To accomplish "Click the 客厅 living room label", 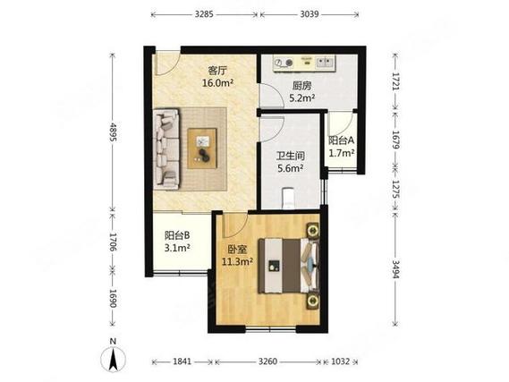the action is pos(217,71).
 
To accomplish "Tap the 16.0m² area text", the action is pos(217,83).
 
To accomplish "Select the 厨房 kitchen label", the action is pos(301,86).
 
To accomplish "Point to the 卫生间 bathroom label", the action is pos(291,157).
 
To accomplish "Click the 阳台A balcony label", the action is pos(341,140).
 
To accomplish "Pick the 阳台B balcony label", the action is pos(177,235).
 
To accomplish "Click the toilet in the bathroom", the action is pos(288,198).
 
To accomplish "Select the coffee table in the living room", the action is pos(202,149).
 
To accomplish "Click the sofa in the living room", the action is pos(166,149).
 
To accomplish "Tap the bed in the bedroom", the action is pos(289,266).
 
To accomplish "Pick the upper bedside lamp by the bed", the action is pos(313,231).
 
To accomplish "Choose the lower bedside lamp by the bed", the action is pos(313,301).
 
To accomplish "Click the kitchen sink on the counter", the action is pos(325,62).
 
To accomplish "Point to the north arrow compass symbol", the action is pos(113,359).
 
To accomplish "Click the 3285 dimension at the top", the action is pos(204,14).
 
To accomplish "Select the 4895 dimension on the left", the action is pos(113,132).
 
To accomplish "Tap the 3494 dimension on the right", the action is pos(395,269).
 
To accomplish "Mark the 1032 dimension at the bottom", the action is pos(340,361).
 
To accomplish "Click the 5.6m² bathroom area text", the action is pos(291,168).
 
